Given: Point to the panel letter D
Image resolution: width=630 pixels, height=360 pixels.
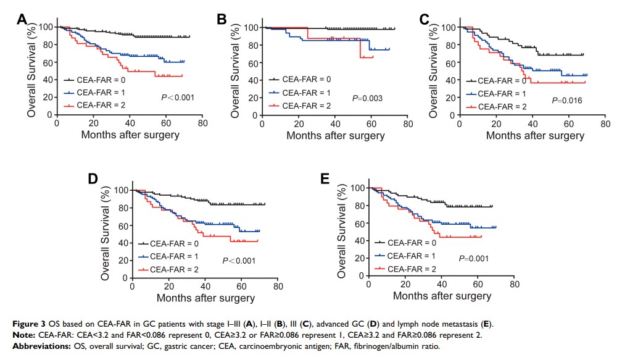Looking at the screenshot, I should point(94,180).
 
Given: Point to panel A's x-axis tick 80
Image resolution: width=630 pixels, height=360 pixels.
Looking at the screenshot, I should point(201,123).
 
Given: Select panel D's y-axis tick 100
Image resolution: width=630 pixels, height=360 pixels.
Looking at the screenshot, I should point(122,190).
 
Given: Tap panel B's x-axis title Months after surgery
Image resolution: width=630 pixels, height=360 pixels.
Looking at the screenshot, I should point(335,136).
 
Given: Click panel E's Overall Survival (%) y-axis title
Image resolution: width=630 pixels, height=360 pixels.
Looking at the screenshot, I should point(341,234).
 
